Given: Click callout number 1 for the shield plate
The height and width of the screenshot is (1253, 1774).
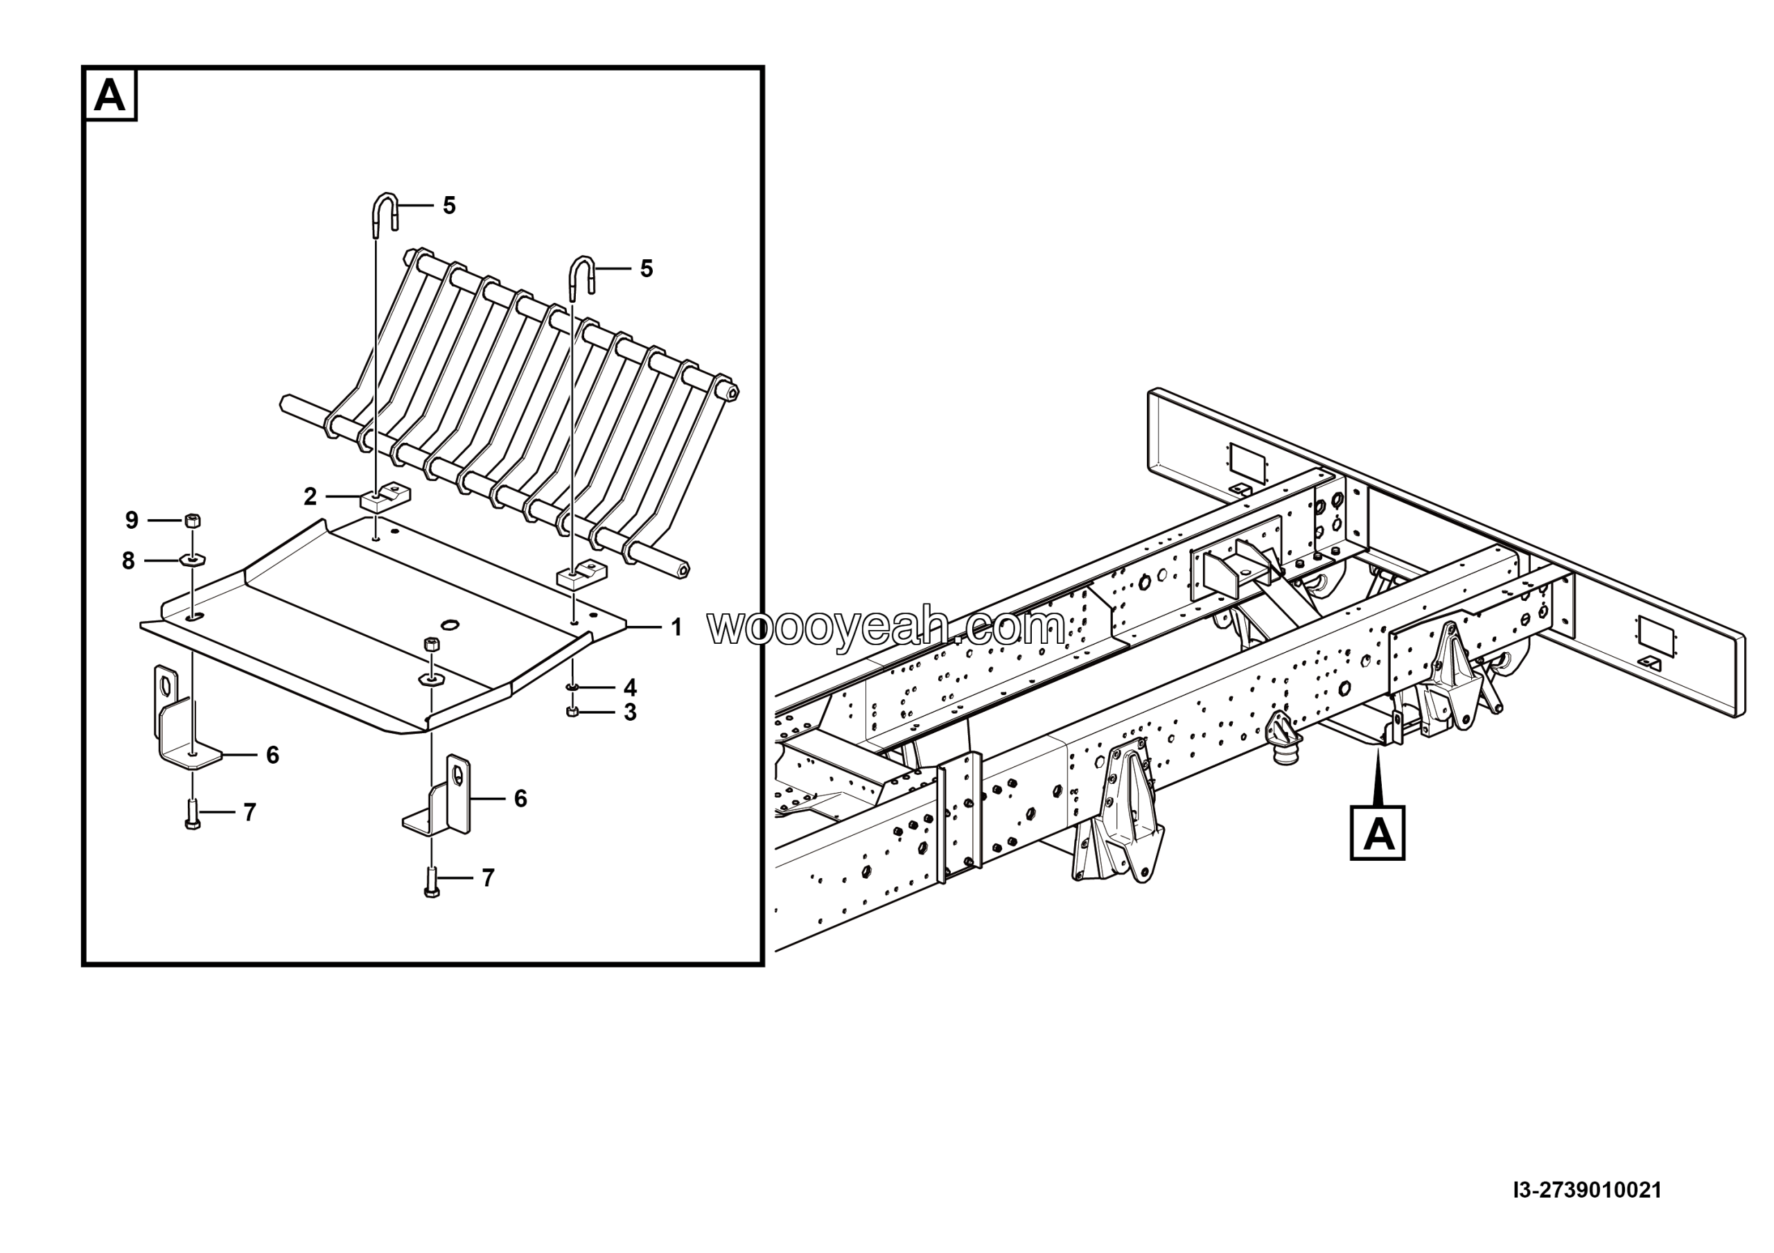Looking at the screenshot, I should pyautogui.click(x=676, y=628).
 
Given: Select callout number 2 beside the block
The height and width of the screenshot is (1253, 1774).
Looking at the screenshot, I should pyautogui.click(x=310, y=497).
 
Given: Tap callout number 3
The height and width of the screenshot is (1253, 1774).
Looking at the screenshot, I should pyautogui.click(x=630, y=712).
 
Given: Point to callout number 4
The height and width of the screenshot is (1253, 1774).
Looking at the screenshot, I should pyautogui.click(x=630, y=687).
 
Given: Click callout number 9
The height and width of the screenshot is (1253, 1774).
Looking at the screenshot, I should pyautogui.click(x=132, y=520).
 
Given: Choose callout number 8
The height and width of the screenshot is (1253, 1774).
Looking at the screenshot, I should pyautogui.click(x=128, y=561).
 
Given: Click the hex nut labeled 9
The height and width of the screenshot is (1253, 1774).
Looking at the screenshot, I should pyautogui.click(x=193, y=520).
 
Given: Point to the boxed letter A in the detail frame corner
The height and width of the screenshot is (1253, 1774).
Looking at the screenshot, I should pyautogui.click(x=109, y=96).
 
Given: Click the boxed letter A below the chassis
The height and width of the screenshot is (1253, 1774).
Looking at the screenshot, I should pyautogui.click(x=1377, y=834).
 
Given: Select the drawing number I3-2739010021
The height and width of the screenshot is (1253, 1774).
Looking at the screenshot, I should pyautogui.click(x=1587, y=1191).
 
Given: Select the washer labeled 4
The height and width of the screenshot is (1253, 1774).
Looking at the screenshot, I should pyautogui.click(x=572, y=687).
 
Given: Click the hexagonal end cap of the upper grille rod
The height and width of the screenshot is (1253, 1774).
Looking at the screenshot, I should pyautogui.click(x=732, y=392).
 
